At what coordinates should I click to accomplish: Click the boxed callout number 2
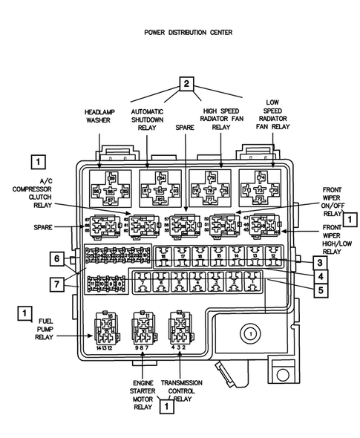(x=188, y=84)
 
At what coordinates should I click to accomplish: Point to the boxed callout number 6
(x=56, y=258)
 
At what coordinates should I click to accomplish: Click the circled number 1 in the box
(x=251, y=335)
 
